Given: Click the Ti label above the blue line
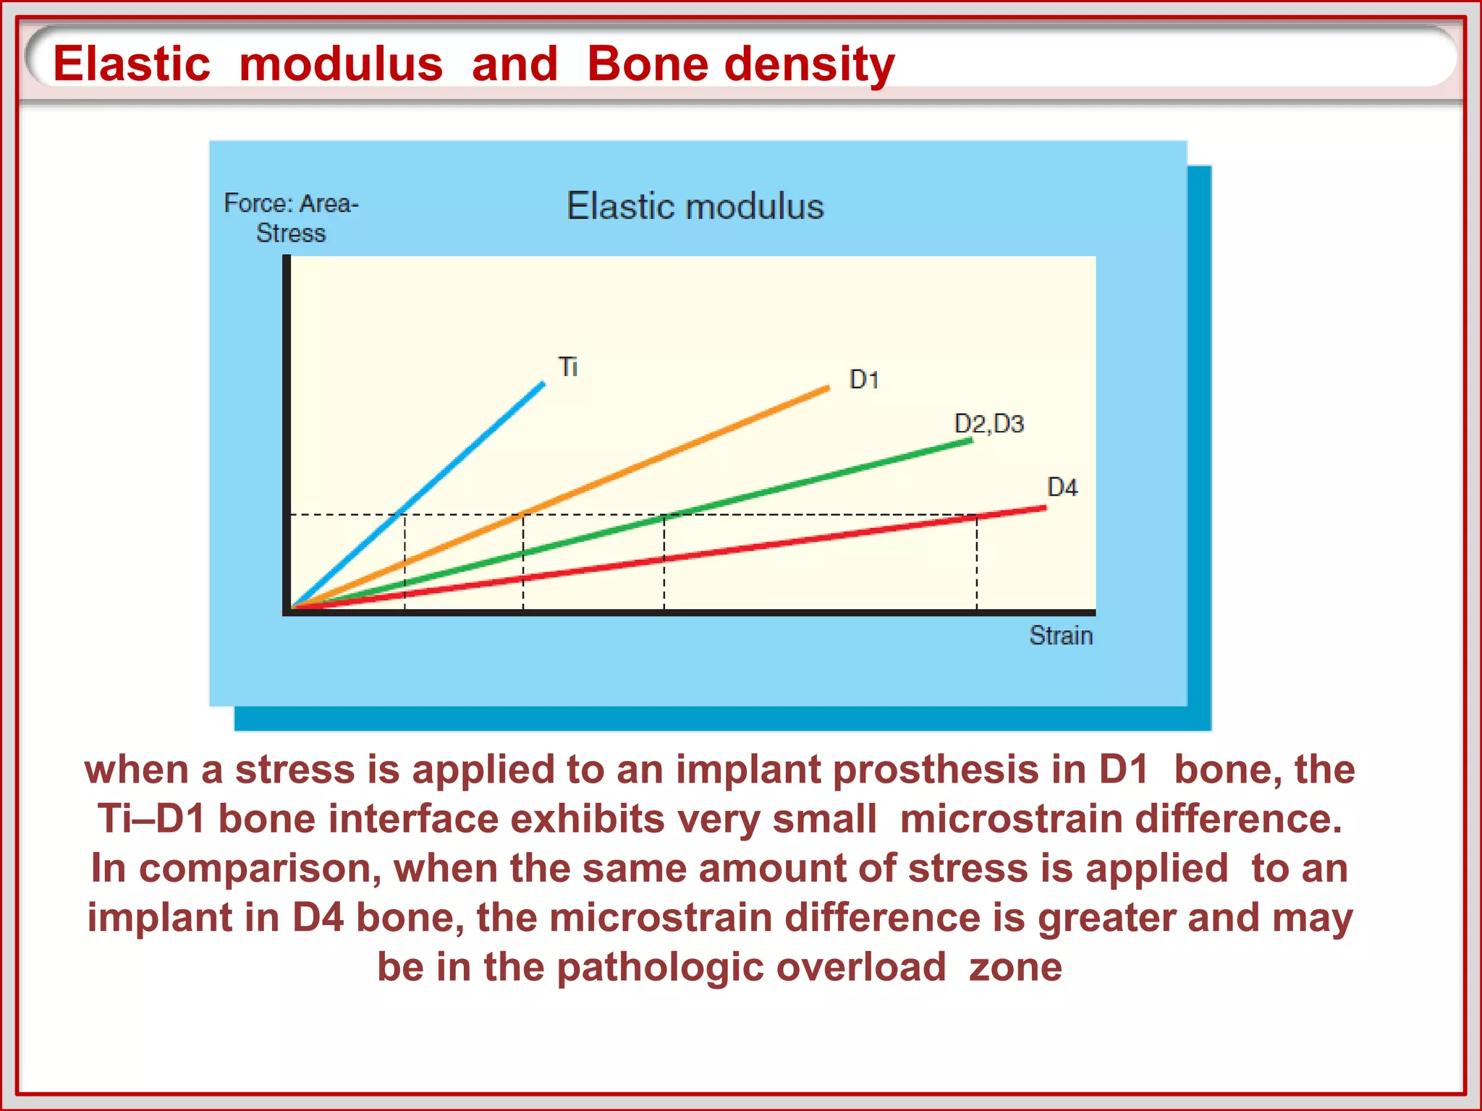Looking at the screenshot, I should click(569, 367).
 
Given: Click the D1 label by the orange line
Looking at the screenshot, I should click(864, 380).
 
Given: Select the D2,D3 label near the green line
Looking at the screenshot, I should click(988, 424).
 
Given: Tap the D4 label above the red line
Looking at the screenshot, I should click(1062, 488).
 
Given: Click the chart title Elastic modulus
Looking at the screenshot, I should click(695, 206).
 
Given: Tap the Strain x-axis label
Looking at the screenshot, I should click(1061, 636).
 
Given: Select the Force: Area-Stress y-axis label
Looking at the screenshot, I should click(291, 218).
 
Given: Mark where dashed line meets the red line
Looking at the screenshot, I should click(977, 516).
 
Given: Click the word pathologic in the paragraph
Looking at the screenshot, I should click(660, 967).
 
